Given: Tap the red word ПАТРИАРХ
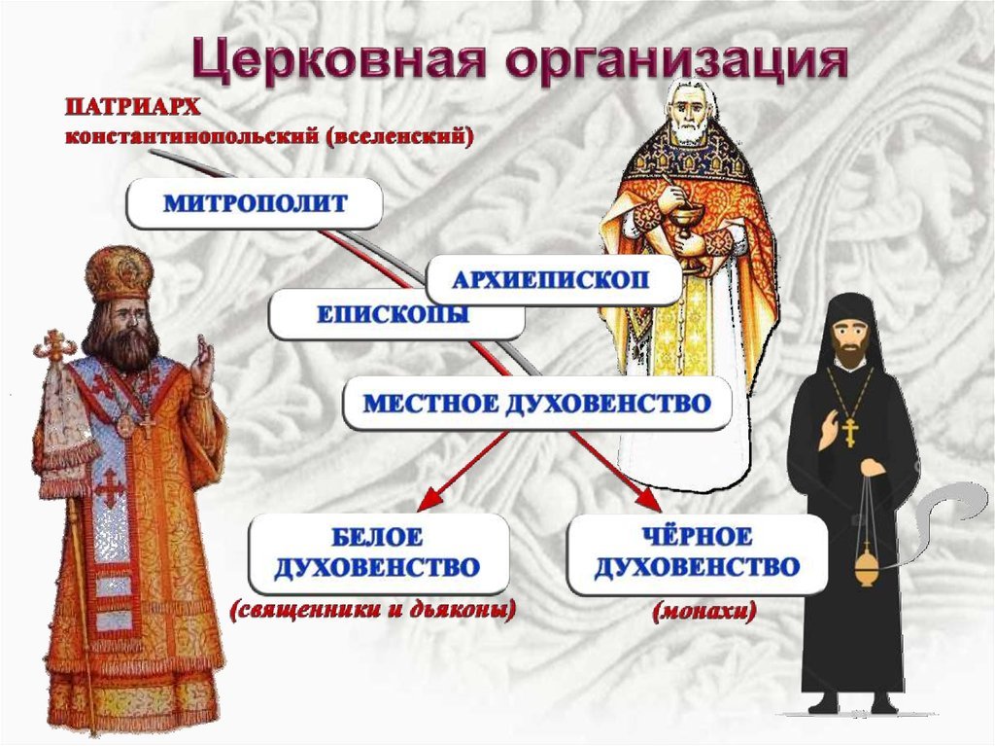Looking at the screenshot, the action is pyautogui.click(x=132, y=107).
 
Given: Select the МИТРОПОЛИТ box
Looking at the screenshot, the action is pyautogui.click(x=256, y=203).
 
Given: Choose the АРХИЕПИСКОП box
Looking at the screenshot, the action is pyautogui.click(x=553, y=280).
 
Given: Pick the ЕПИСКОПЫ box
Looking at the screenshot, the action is pyautogui.click(x=396, y=314).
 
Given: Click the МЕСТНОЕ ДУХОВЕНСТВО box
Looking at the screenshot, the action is pyautogui.click(x=536, y=404).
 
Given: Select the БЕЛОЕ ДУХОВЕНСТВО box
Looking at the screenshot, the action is pyautogui.click(x=378, y=553).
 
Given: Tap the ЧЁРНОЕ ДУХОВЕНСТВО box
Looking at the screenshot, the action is pyautogui.click(x=697, y=553).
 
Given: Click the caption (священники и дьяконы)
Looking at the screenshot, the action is pyautogui.click(x=373, y=611).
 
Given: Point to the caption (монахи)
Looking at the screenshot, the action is pyautogui.click(x=703, y=611).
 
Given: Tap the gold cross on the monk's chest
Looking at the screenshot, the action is pyautogui.click(x=849, y=432).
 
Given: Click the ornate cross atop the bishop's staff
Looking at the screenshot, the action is pyautogui.click(x=55, y=346).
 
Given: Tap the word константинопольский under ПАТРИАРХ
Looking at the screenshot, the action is pyautogui.click(x=192, y=137).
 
